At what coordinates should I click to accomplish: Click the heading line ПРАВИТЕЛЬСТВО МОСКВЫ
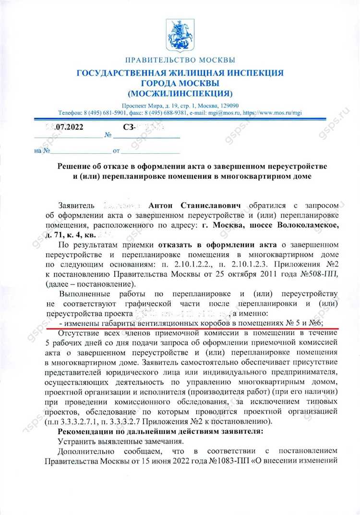pyautogui.click(x=180, y=61)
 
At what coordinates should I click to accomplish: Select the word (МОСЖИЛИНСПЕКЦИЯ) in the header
pyautogui.click(x=180, y=92)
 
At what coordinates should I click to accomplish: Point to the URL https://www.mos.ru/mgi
pyautogui.click(x=273, y=112)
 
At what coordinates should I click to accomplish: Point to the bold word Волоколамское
pyautogui.click(x=297, y=225)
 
